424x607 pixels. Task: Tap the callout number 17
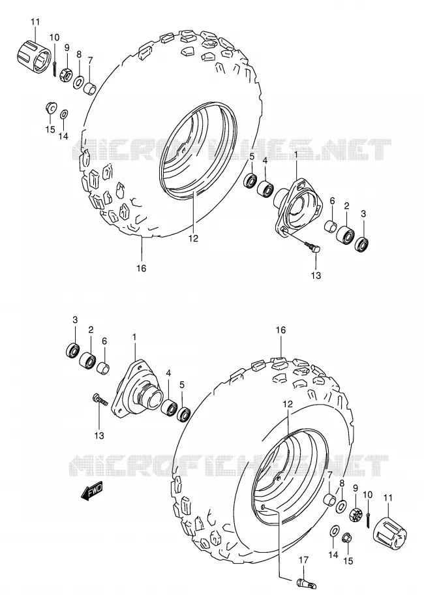pyautogui.click(x=304, y=559)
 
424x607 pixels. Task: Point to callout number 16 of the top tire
pyautogui.click(x=142, y=268)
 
